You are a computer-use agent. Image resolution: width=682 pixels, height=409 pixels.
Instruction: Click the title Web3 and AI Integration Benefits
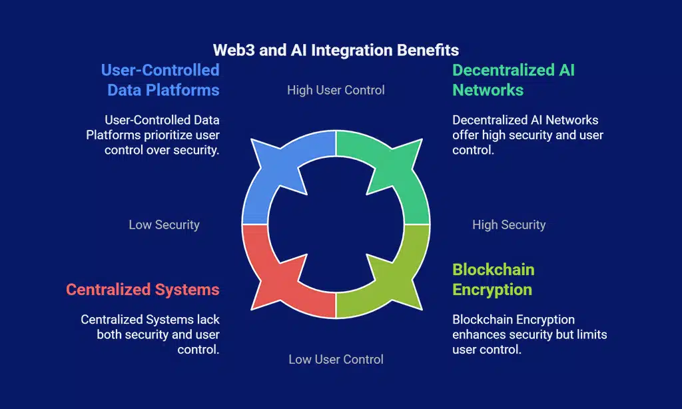coord(336,50)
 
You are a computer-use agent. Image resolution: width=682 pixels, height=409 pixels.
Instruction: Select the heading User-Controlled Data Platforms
coord(160,79)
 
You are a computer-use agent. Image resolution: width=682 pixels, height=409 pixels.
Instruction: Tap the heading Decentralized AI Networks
coord(513,79)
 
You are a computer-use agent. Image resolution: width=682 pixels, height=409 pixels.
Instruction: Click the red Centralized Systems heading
coord(143,289)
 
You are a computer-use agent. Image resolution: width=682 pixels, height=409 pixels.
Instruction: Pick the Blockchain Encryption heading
coord(493,279)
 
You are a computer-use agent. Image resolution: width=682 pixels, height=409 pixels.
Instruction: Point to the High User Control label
coord(336,89)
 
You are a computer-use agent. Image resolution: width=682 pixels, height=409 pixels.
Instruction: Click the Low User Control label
coord(336,359)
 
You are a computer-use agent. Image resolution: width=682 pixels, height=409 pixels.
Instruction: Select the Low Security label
coord(164,224)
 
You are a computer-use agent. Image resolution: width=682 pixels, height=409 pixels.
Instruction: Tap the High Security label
coord(509,224)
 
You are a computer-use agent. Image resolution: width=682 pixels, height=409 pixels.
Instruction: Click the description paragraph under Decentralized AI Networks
coord(527,135)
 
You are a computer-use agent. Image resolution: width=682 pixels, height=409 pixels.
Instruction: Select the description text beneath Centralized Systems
coord(151,334)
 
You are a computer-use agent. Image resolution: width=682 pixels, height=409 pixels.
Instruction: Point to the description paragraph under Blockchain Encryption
coord(529,334)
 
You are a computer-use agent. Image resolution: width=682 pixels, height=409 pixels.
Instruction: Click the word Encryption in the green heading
coord(492,290)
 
